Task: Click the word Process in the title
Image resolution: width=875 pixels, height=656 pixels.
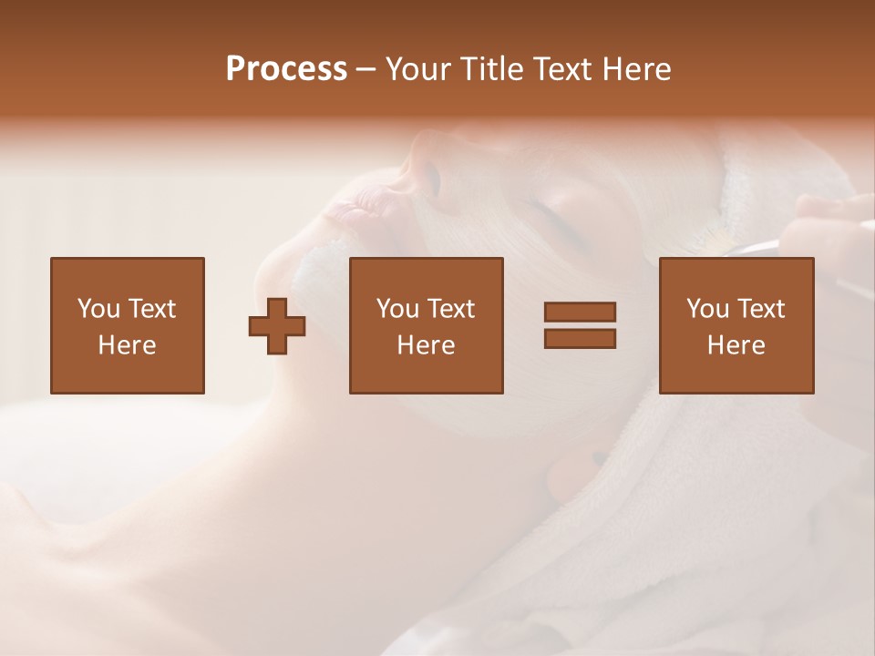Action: pyautogui.click(x=286, y=69)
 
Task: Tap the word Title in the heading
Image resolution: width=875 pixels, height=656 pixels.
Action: pyautogui.click(x=488, y=69)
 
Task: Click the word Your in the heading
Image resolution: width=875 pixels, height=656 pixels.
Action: pyautogui.click(x=419, y=69)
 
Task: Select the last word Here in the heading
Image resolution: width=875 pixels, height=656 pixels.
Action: pyautogui.click(x=636, y=69)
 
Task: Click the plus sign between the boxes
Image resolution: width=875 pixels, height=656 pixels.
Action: pyautogui.click(x=277, y=325)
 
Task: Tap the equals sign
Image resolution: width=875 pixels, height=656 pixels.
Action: pyautogui.click(x=580, y=325)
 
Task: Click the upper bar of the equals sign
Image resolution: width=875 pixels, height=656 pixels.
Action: pyautogui.click(x=580, y=313)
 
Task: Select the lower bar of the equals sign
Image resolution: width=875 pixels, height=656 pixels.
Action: pyautogui.click(x=580, y=338)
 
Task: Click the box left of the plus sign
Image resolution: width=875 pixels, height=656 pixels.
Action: pyautogui.click(x=127, y=325)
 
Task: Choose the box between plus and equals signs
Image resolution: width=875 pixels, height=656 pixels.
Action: pyautogui.click(x=426, y=325)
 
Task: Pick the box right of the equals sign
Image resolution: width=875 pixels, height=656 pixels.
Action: pyautogui.click(x=736, y=325)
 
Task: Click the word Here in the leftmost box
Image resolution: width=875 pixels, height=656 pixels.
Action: pyautogui.click(x=127, y=345)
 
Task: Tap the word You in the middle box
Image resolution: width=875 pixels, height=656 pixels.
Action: pyautogui.click(x=397, y=309)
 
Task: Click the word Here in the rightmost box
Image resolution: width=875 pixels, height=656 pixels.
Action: pyautogui.click(x=736, y=345)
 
